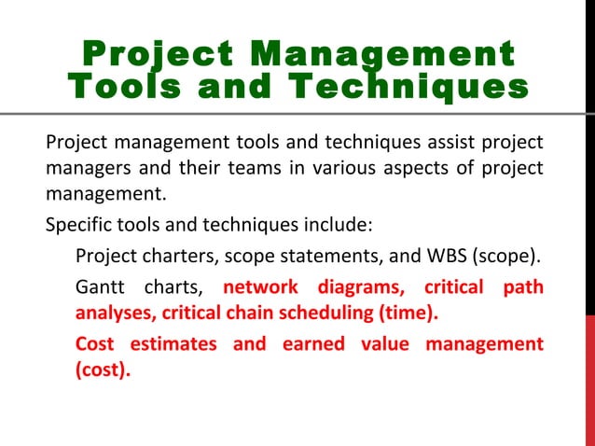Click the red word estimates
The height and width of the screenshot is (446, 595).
[173, 343]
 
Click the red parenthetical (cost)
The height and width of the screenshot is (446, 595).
[103, 369]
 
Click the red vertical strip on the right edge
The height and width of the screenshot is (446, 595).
[589, 373]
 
